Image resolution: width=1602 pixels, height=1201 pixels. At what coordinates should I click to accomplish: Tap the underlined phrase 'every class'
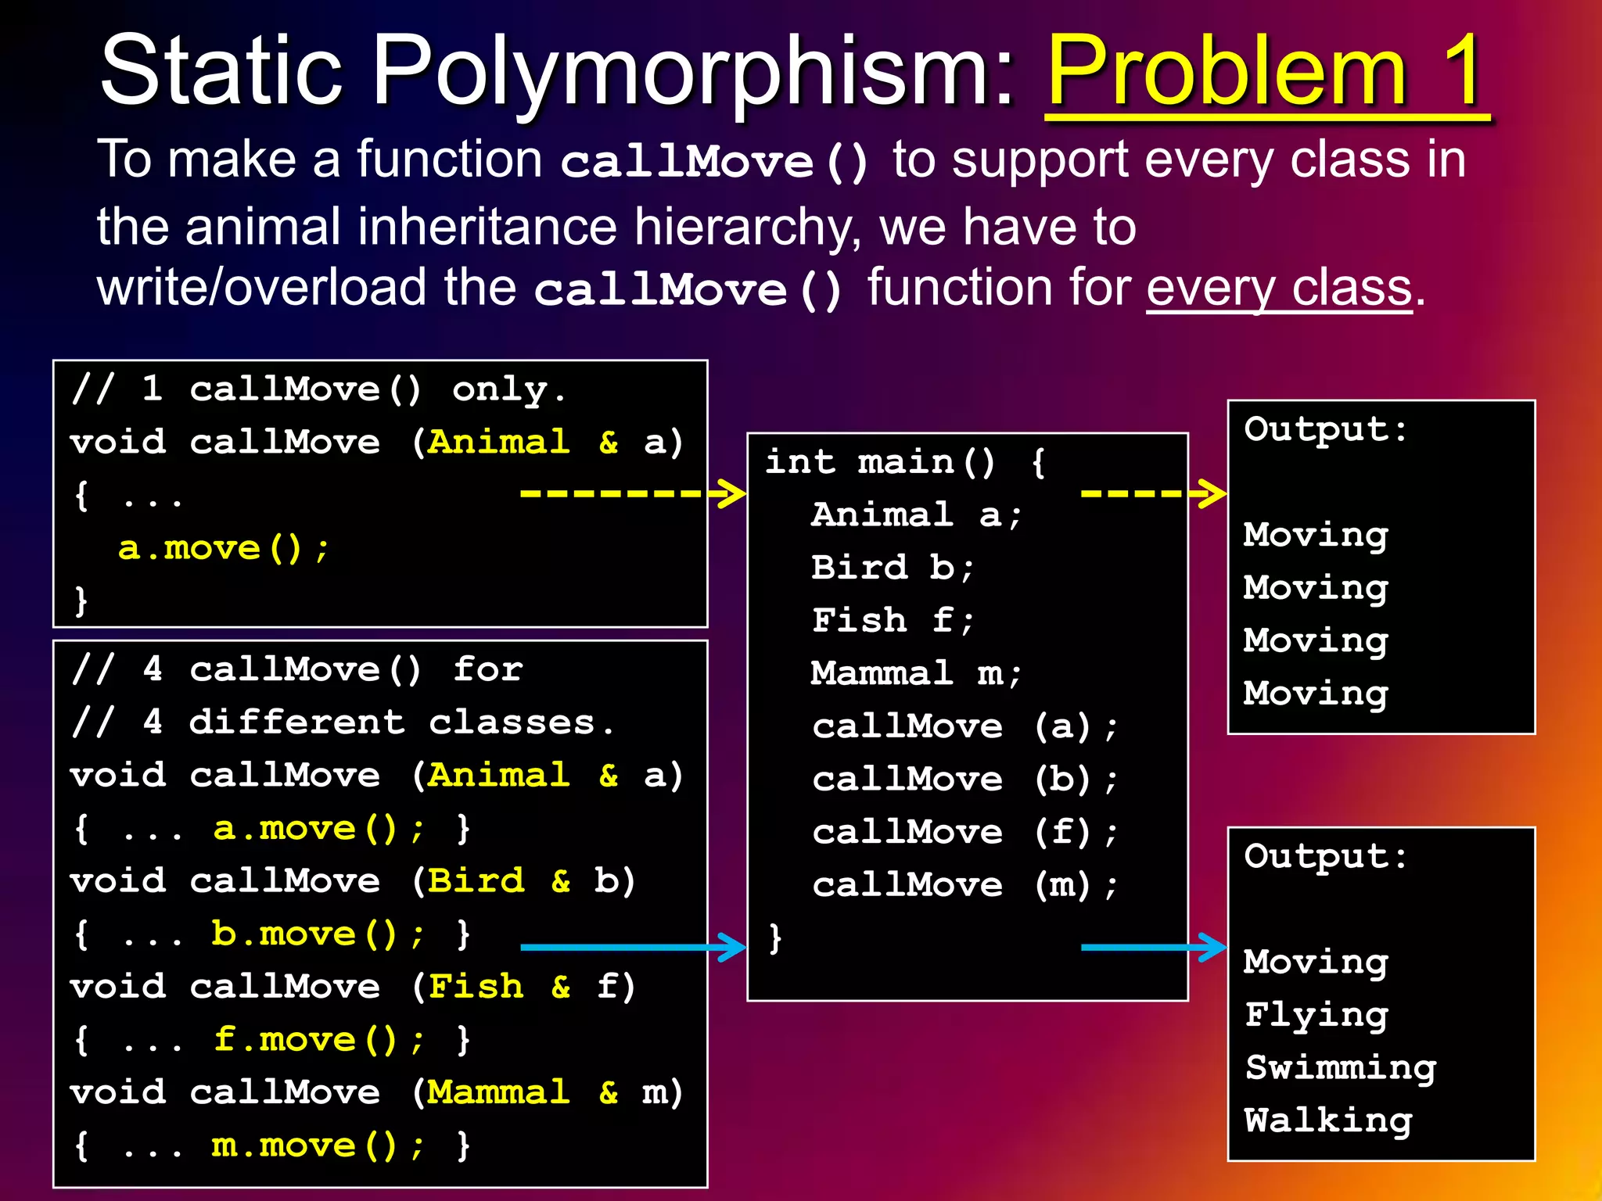pos(1279,288)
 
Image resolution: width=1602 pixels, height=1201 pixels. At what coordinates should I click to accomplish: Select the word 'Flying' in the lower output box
pos(1316,1015)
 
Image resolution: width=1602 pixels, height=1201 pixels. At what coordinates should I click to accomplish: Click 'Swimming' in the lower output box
pos(1341,1068)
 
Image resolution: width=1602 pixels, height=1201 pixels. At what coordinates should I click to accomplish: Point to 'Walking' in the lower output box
pos(1328,1120)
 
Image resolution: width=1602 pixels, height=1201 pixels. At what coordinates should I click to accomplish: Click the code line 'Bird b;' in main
pos(893,568)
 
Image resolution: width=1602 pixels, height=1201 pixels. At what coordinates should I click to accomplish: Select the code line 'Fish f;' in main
pos(893,621)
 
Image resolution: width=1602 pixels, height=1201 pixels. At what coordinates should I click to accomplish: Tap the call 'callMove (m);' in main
pos(965,885)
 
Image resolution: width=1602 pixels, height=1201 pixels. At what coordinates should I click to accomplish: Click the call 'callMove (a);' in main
pos(965,726)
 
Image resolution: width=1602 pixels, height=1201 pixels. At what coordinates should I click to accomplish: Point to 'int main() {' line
pos(904,462)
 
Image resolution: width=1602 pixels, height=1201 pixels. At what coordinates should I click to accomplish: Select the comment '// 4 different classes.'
pos(342,722)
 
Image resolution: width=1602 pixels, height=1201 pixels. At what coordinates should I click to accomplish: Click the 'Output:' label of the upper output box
pos(1325,429)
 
